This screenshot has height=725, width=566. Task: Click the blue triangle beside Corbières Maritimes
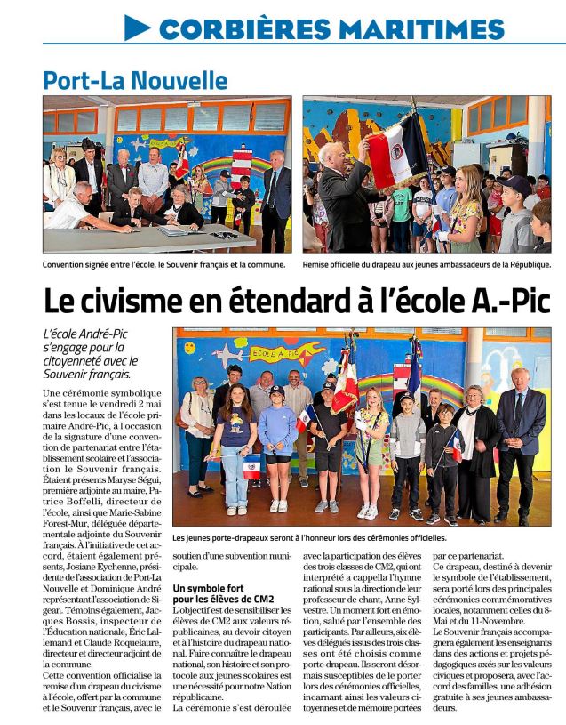pyautogui.click(x=137, y=28)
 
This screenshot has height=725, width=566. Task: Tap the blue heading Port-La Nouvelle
pyautogui.click(x=135, y=80)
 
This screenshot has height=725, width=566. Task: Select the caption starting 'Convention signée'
pyautogui.click(x=163, y=264)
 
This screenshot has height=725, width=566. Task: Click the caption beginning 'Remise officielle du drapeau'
pyautogui.click(x=426, y=264)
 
